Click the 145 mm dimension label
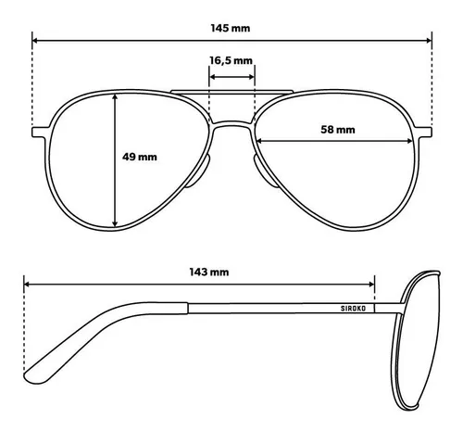click(x=231, y=28)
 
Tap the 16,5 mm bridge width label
click(x=231, y=60)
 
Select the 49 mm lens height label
click(x=140, y=157)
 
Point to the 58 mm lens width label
click(x=338, y=129)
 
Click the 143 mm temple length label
click(x=209, y=272)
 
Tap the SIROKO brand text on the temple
click(x=353, y=309)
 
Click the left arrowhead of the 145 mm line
click(x=35, y=41)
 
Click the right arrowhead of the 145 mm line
click(x=429, y=41)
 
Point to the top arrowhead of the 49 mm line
click(x=115, y=97)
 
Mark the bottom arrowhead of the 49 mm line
click(x=115, y=223)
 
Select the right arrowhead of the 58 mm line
click(x=410, y=141)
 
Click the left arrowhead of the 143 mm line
click(x=27, y=284)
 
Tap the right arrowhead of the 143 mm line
click(x=371, y=284)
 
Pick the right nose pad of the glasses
click(x=265, y=172)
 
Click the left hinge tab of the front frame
click(x=41, y=132)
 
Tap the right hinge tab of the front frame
click(x=423, y=132)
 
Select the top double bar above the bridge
click(x=231, y=92)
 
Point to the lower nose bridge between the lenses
click(x=232, y=124)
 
